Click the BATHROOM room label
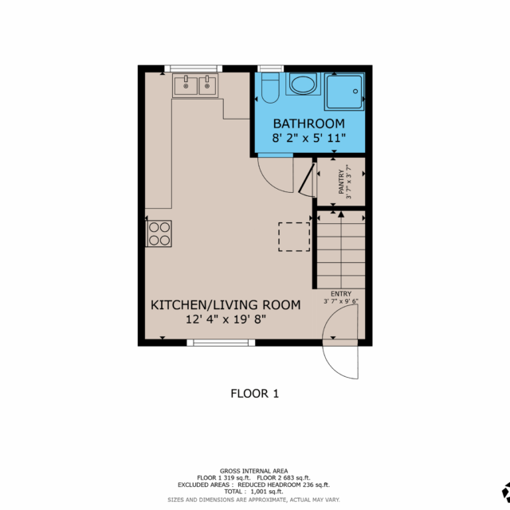pyautogui.click(x=308, y=124)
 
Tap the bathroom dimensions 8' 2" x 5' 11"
pyautogui.click(x=308, y=138)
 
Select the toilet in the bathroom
pyautogui.click(x=270, y=88)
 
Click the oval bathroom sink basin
pyautogui.click(x=303, y=84)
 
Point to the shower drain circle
pyautogui.click(x=355, y=92)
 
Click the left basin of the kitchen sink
pyautogui.click(x=186, y=86)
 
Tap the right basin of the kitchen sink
pyautogui.click(x=207, y=86)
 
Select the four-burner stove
pyautogui.click(x=159, y=233)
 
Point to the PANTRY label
pyautogui.click(x=341, y=182)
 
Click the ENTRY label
pyautogui.click(x=341, y=294)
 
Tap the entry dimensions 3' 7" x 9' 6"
pyautogui.click(x=341, y=301)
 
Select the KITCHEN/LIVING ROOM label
pyautogui.click(x=226, y=305)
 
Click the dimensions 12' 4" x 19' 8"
pyautogui.click(x=226, y=320)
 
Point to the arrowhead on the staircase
pyautogui.click(x=341, y=214)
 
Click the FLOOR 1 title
pyautogui.click(x=255, y=394)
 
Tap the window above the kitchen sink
pyautogui.click(x=193, y=69)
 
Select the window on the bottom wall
pyautogui.click(x=221, y=343)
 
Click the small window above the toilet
pyautogui.click(x=271, y=69)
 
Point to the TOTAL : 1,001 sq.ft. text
pyautogui.click(x=253, y=492)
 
